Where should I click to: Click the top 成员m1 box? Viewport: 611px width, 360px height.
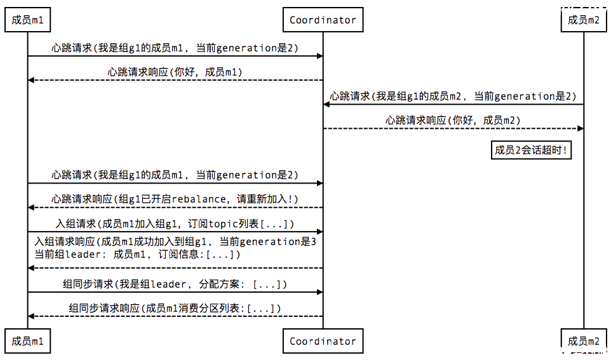pos(27,20)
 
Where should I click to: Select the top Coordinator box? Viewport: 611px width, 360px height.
pos(323,20)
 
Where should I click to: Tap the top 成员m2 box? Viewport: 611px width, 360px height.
pos(584,20)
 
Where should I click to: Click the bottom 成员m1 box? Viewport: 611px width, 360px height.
pos(27,341)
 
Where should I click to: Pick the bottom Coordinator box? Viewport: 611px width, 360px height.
pos(323,341)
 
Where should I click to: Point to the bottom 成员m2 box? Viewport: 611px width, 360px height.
pos(584,341)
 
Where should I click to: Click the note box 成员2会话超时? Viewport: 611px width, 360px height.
pos(531,150)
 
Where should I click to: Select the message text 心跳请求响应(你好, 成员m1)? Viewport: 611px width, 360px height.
pos(175,72)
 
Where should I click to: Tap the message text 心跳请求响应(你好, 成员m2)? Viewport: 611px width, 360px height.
pos(453,121)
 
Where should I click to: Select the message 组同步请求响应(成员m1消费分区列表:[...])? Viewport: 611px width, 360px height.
pos(175,309)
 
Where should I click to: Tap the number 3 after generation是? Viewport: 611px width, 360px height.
pos(313,241)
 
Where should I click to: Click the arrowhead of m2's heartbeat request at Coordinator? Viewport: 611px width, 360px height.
pos(326,104)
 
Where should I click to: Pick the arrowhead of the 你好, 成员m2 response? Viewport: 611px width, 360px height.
pos(581,128)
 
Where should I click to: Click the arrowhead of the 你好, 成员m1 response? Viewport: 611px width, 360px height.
pos(31,80)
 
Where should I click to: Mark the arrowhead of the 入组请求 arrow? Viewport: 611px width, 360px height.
pos(319,232)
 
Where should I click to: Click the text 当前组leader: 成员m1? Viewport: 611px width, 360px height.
pos(90,255)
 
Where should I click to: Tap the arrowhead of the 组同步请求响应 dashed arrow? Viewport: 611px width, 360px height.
pos(31,316)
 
